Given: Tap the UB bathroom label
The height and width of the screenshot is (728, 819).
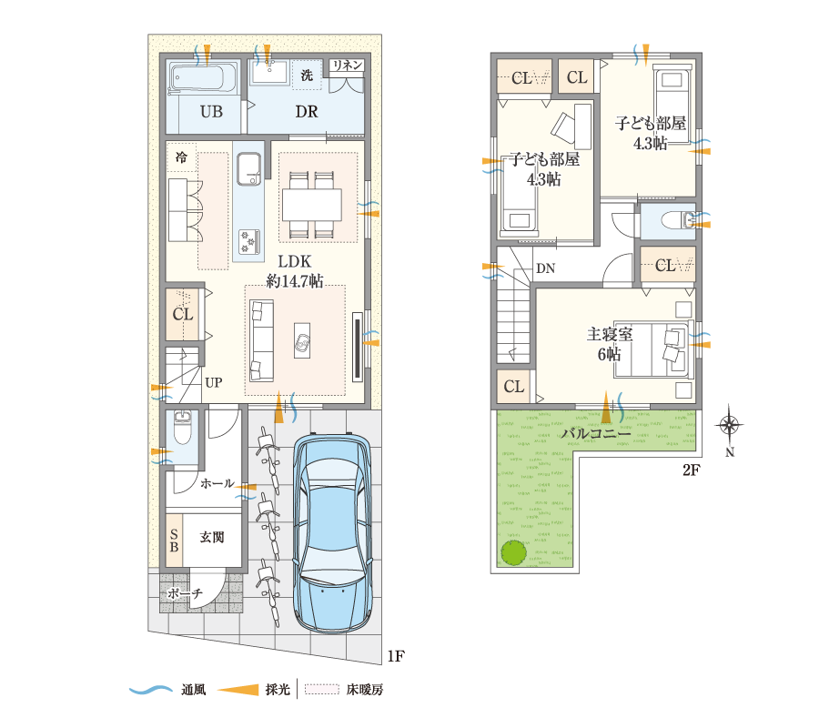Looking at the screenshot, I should [211, 112].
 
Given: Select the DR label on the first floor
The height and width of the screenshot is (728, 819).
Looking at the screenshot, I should [306, 112].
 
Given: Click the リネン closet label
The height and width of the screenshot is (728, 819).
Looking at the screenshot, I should [348, 66].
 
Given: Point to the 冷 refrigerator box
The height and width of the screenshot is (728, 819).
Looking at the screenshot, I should [181, 157].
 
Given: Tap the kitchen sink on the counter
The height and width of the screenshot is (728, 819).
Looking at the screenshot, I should [248, 167].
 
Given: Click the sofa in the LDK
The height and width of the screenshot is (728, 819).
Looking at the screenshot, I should [261, 340].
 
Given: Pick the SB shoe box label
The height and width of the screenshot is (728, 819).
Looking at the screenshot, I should [174, 541].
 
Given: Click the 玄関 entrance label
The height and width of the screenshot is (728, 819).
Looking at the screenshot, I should [212, 538].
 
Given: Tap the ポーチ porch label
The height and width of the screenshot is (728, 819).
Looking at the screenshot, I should [185, 593].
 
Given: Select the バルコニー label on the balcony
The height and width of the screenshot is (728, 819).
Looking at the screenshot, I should [595, 434].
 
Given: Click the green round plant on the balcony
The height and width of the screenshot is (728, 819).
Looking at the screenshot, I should [513, 551].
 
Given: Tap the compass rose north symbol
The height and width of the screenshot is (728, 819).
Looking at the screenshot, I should [729, 425].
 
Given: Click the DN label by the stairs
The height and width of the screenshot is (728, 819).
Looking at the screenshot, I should [545, 268].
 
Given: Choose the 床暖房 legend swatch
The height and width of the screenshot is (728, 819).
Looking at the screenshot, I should [320, 690].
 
